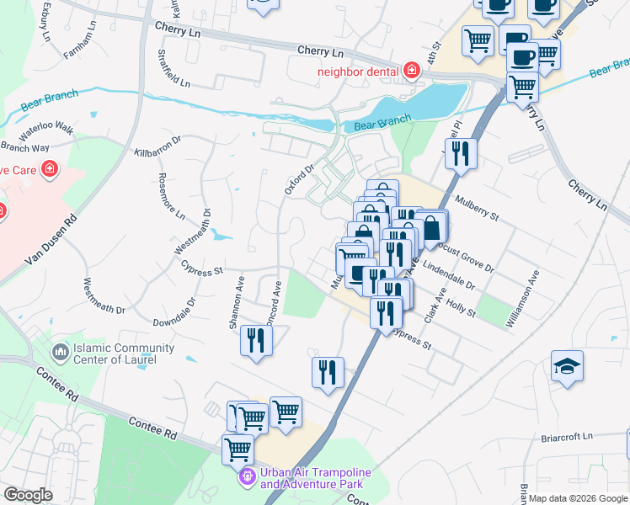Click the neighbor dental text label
tap(358, 71)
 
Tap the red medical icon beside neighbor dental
tap(411, 70)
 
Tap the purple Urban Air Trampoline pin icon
tap(247, 477)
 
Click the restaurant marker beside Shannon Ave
tap(254, 341)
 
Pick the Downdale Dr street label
tap(174, 312)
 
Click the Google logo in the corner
tap(28, 495)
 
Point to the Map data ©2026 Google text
tap(579, 498)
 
